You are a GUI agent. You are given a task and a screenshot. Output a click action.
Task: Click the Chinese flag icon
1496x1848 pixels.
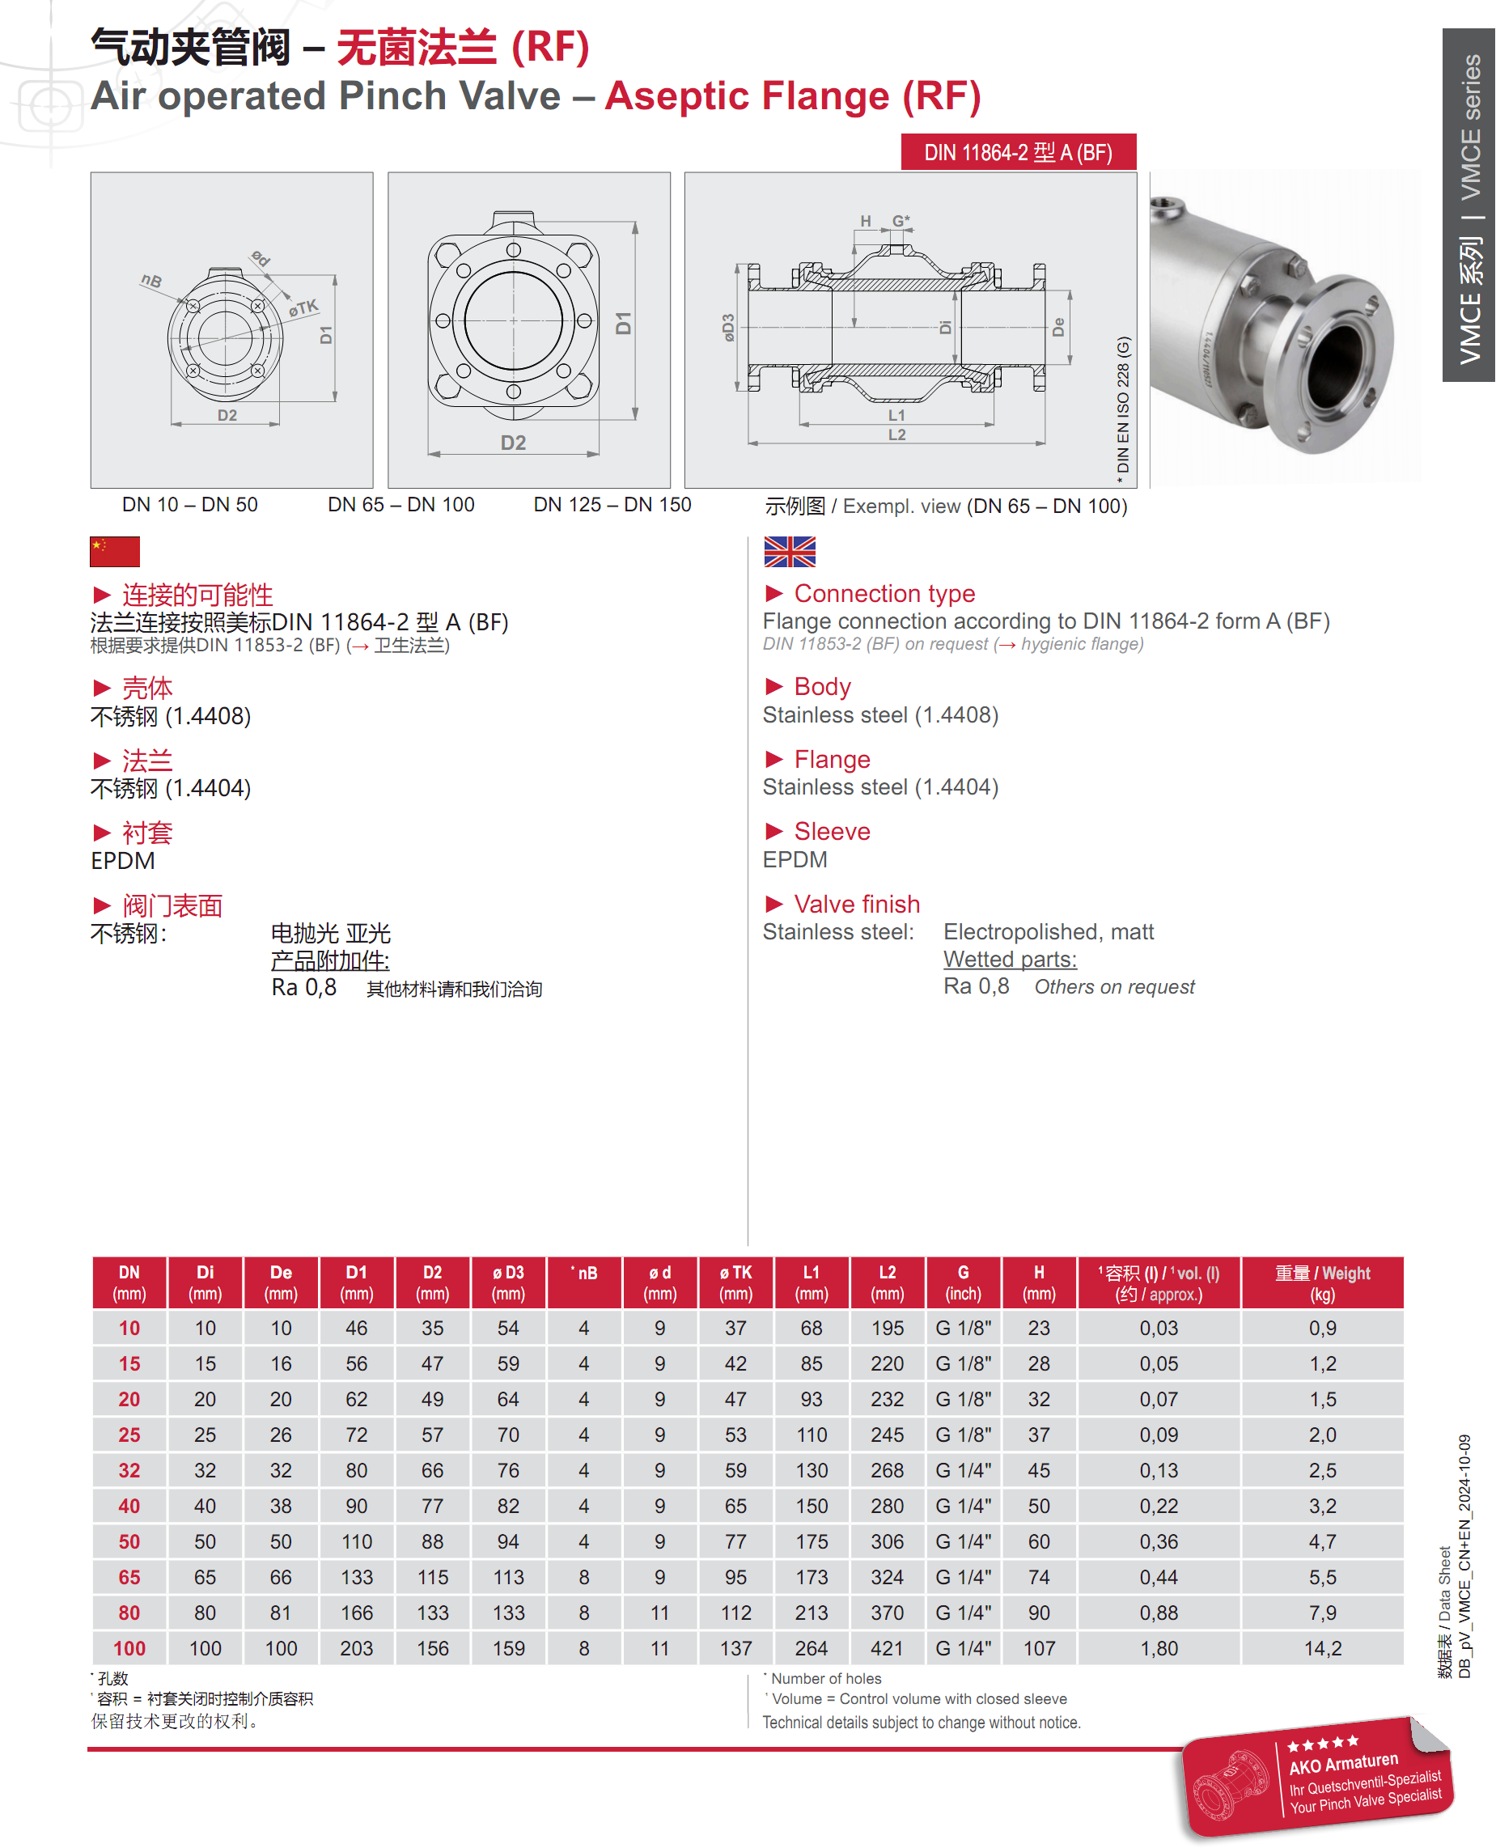click(x=115, y=551)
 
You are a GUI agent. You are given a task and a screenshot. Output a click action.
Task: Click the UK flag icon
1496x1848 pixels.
click(x=790, y=551)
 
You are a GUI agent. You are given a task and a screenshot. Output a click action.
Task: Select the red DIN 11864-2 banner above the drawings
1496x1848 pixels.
click(x=1019, y=152)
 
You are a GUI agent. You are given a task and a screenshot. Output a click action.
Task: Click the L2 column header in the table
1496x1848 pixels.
click(x=888, y=1282)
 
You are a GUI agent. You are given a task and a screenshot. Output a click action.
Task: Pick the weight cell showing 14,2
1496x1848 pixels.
click(x=1323, y=1648)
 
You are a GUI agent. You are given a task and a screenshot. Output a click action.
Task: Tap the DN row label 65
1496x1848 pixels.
click(x=129, y=1577)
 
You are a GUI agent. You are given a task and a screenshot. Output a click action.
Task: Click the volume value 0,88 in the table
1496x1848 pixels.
click(x=1159, y=1613)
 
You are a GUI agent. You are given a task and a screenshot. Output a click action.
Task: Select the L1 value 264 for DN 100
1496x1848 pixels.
click(x=812, y=1648)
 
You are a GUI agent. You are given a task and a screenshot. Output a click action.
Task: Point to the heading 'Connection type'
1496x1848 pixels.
click(x=884, y=594)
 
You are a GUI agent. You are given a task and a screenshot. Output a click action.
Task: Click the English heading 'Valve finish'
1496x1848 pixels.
click(x=857, y=904)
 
